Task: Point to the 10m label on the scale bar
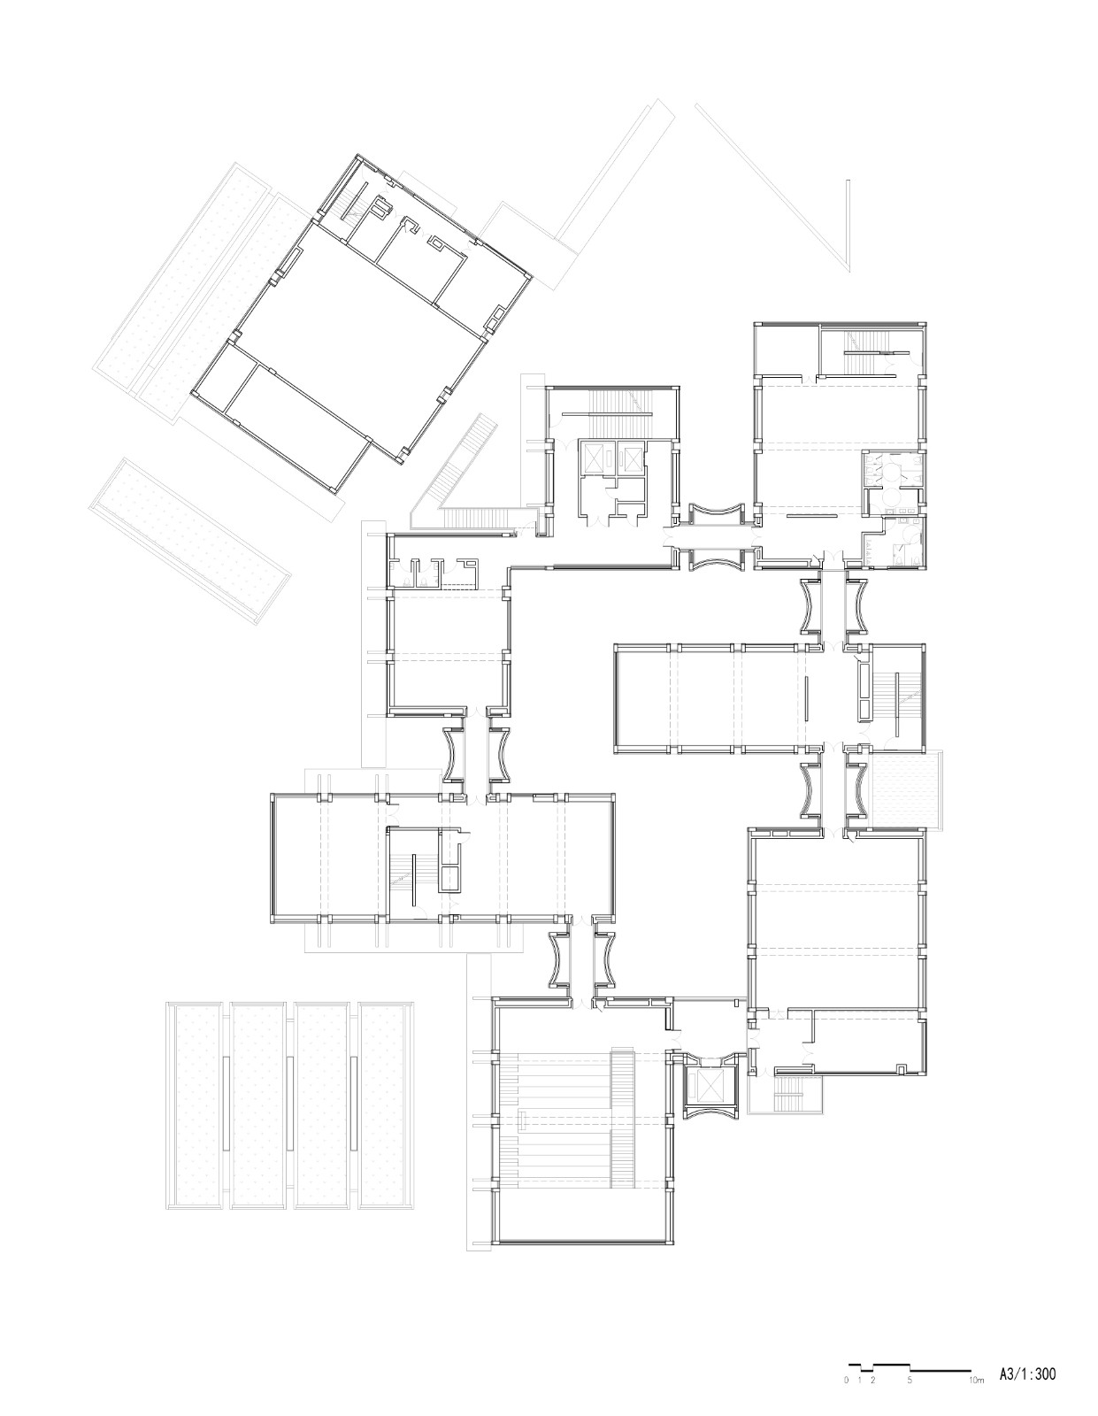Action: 975,1380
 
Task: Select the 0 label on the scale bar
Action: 847,1380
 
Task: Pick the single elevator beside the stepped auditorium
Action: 710,1087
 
